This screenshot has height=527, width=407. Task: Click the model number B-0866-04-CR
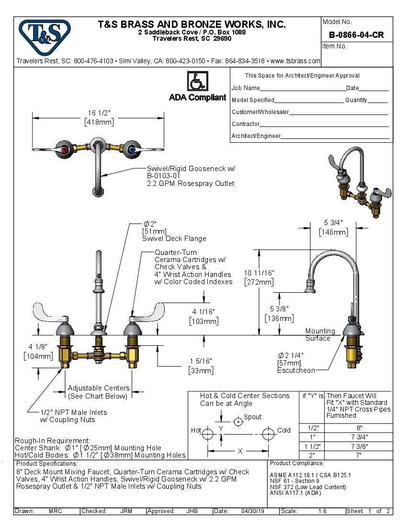(356, 35)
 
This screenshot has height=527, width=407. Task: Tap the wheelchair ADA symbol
(197, 81)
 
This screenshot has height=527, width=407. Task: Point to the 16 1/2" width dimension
(99, 113)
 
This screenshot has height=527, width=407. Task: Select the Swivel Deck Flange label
(174, 239)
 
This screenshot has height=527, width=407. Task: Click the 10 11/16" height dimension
(259, 273)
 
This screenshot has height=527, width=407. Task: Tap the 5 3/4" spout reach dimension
(333, 223)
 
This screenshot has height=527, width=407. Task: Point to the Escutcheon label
(296, 370)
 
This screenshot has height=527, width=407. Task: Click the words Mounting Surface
(320, 334)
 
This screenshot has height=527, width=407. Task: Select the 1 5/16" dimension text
(201, 361)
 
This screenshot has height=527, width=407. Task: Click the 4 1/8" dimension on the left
(36, 346)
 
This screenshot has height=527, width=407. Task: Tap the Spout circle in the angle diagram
(238, 422)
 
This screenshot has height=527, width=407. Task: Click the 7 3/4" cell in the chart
(359, 437)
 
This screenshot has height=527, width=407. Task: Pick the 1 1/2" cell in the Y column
(312, 446)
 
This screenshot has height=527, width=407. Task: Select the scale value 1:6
(322, 511)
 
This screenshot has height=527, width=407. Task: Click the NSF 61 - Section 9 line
(294, 481)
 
